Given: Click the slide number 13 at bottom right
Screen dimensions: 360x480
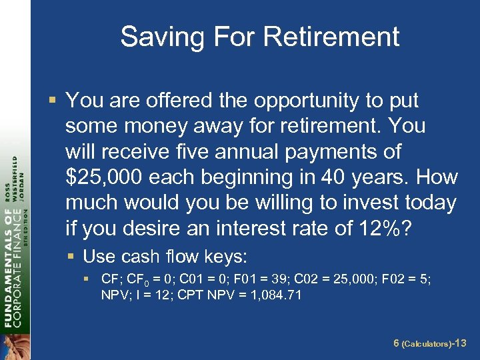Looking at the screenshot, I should pos(460,343).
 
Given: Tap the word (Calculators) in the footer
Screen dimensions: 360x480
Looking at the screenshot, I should pos(427,344).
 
